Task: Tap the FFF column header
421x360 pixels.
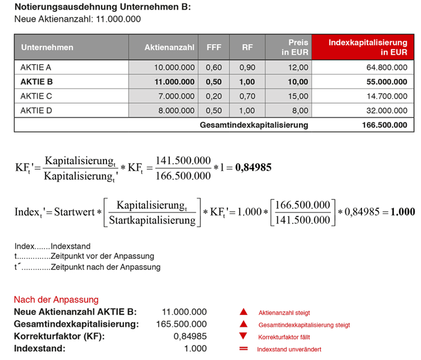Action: pos(214,47)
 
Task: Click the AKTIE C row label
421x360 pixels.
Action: pos(37,96)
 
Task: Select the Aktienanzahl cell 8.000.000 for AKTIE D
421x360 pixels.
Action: pos(174,110)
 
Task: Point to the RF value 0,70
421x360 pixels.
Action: pos(247,96)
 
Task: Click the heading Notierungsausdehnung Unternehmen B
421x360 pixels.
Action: pos(102,7)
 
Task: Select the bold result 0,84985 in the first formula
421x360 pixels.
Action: pos(252,167)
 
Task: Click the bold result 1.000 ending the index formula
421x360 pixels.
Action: pos(402,212)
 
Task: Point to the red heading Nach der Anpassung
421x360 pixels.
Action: pos(56,299)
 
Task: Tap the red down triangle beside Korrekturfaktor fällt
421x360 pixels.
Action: pos(244,337)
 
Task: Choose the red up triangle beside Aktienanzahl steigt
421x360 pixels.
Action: pos(244,312)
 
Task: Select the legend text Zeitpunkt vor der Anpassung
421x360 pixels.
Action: pos(102,256)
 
